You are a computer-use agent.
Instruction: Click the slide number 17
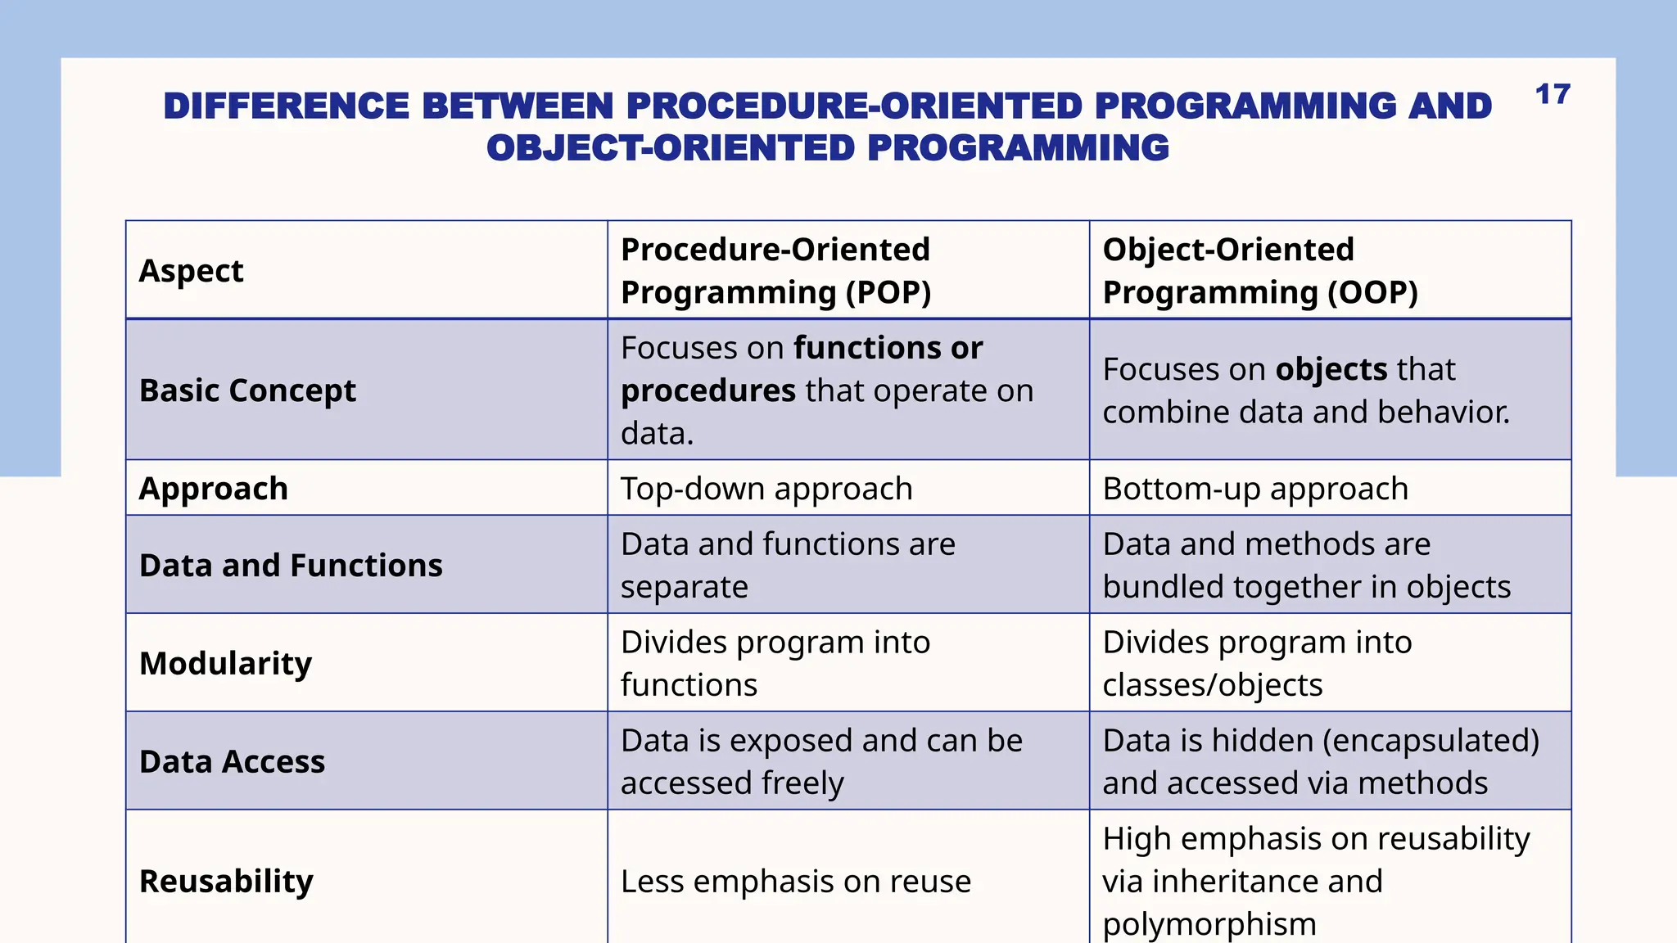coord(1552,95)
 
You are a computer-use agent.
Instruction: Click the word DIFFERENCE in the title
coord(286,106)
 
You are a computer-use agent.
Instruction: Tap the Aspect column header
coord(191,271)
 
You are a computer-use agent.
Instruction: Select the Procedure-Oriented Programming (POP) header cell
coord(775,271)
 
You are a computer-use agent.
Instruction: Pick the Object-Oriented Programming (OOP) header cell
coord(1259,271)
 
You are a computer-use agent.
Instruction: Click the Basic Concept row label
coord(247,390)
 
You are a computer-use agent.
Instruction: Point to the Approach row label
coord(213,489)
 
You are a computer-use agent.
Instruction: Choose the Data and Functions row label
coord(291,566)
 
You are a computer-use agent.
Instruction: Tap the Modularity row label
coord(225,663)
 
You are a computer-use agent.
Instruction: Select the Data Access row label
coord(232,761)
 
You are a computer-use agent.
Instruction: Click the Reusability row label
coord(226,882)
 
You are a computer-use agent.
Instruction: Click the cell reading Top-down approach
coord(766,489)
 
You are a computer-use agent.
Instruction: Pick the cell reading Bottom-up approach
coord(1254,489)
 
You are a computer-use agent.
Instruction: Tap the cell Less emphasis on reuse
coord(795,882)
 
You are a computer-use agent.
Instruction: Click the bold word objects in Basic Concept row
coord(1331,369)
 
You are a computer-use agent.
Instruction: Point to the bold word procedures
coord(707,390)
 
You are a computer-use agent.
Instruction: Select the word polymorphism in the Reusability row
coord(1209,924)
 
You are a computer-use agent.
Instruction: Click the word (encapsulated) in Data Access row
coord(1431,741)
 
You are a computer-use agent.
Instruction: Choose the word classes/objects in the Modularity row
coord(1212,685)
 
